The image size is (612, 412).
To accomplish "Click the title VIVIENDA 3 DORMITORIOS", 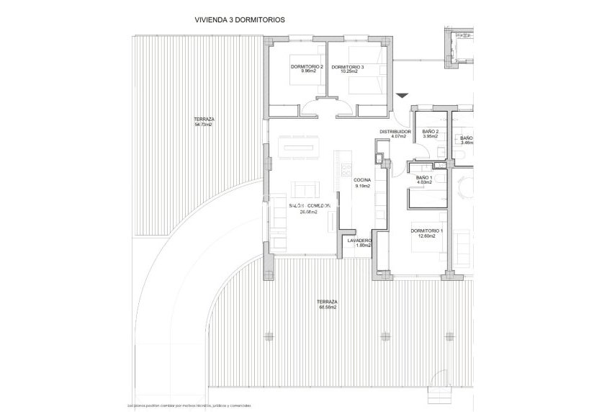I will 239,21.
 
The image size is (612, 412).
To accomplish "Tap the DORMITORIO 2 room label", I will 307,67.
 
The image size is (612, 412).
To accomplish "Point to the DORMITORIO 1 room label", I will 427,231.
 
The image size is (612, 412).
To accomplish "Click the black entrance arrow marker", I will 402,95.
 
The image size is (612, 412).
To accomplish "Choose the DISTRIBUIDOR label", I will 395,132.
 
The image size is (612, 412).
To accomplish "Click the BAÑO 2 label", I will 431,132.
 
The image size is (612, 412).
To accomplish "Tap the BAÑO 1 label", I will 424,177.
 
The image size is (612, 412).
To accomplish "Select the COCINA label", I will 362,181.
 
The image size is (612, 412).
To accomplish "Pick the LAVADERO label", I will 359,241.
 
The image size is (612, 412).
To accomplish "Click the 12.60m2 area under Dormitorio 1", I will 427,236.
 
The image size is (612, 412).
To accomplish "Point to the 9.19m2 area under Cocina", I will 362,186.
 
